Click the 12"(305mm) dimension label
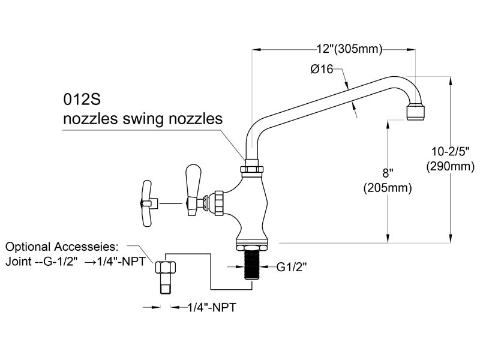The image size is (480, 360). click(x=349, y=49)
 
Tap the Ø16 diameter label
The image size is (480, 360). click(x=322, y=69)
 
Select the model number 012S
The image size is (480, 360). click(x=82, y=99)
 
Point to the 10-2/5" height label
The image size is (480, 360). click(x=450, y=151)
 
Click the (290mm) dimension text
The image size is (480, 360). click(x=451, y=166)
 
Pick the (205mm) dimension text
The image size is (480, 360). click(x=388, y=188)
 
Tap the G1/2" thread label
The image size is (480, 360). click(x=292, y=267)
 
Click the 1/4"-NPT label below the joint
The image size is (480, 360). click(x=212, y=307)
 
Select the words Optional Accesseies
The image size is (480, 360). click(x=62, y=247)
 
